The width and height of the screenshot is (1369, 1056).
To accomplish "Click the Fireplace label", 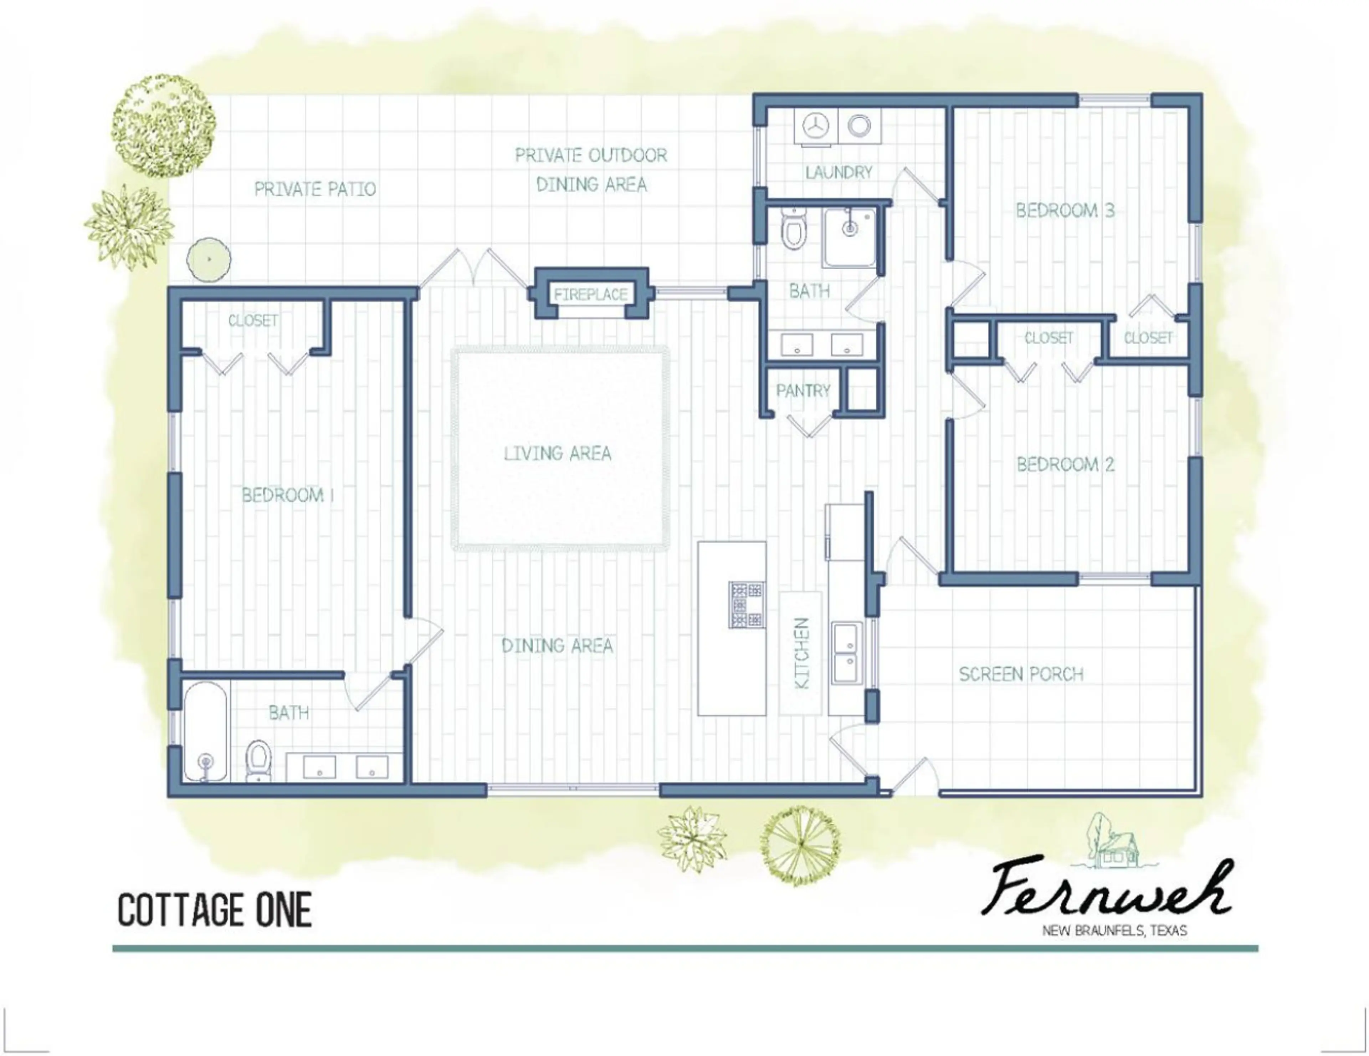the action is coord(590,294).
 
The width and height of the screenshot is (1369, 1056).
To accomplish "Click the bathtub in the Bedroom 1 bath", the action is coord(205,731).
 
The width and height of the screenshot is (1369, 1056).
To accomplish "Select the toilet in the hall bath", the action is coord(794,229).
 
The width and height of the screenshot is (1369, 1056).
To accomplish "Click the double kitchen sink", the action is coord(847,653).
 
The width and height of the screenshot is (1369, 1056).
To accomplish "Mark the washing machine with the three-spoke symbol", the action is coord(815,126).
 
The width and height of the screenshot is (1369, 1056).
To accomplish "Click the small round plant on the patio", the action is coord(209,259).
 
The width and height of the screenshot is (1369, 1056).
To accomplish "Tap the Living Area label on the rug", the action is coord(557,453).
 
